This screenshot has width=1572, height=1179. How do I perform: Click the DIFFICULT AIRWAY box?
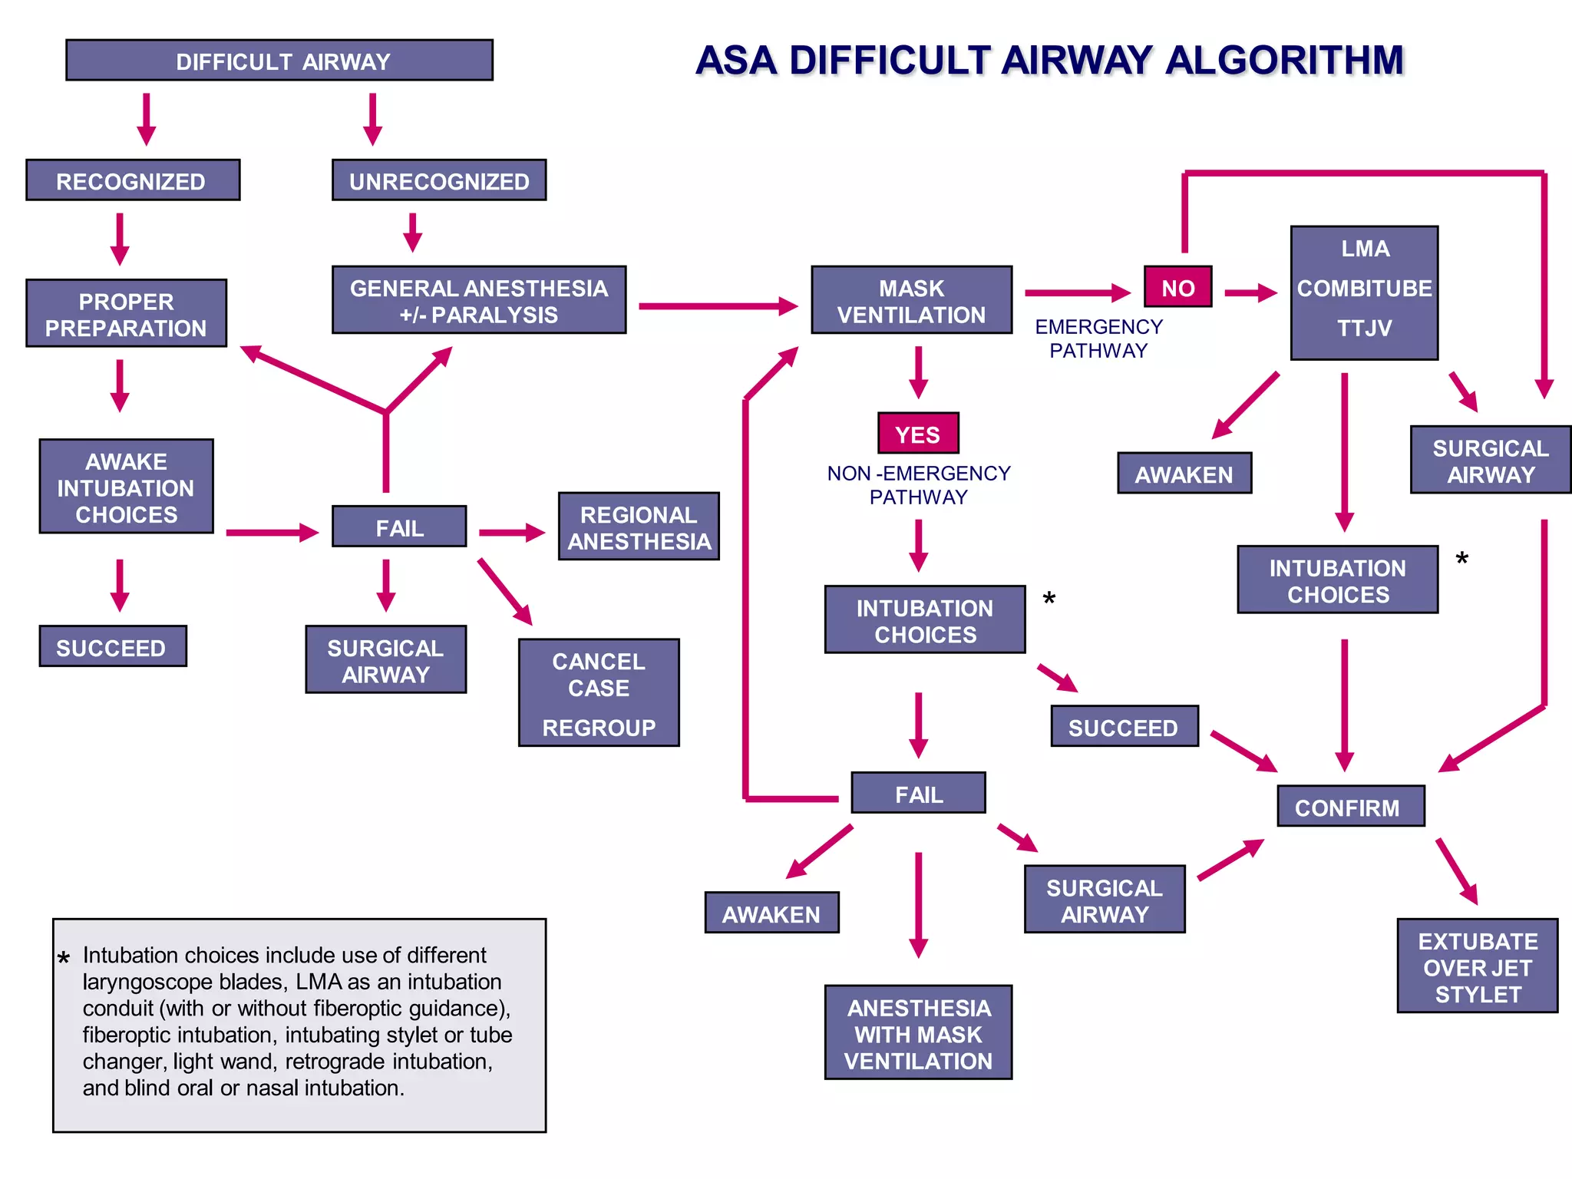(x=279, y=61)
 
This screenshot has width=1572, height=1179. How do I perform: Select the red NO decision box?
(x=1177, y=288)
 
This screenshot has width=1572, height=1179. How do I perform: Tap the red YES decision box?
(x=918, y=434)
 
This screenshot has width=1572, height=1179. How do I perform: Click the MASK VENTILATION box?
(x=911, y=301)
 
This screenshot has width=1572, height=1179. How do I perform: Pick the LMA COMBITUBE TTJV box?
(x=1364, y=293)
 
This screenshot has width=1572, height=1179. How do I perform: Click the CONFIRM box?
(x=1350, y=807)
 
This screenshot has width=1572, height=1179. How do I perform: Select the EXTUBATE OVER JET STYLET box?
(x=1477, y=966)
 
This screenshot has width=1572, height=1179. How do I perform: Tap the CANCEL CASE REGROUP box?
(x=599, y=693)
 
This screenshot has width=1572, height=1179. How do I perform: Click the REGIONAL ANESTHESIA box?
(x=639, y=527)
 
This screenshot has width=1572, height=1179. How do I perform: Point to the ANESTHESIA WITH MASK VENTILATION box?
(x=918, y=1033)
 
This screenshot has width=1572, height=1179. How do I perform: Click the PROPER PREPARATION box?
(x=126, y=314)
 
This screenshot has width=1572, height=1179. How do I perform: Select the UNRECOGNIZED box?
(x=439, y=181)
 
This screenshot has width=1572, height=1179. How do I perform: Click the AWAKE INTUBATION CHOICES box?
(x=126, y=487)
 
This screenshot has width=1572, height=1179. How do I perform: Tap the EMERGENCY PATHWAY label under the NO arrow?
(x=1098, y=339)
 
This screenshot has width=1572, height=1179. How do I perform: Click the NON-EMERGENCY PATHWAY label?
(x=918, y=485)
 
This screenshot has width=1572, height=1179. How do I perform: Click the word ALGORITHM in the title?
(x=1284, y=61)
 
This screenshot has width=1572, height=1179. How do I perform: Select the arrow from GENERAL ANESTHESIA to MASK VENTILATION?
(x=718, y=306)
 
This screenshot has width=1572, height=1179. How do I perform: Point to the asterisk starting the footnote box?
(x=64, y=958)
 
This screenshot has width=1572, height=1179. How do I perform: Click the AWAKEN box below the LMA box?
(x=1184, y=474)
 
